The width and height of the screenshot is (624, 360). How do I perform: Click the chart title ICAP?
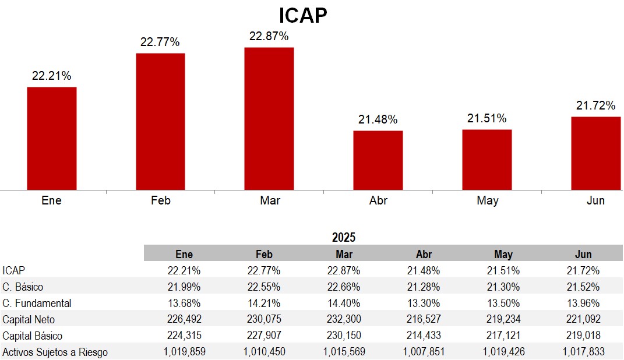(x=303, y=15)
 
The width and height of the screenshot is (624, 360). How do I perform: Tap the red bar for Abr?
(x=378, y=160)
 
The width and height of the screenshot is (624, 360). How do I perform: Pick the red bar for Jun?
(x=595, y=153)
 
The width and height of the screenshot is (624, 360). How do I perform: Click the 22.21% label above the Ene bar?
(x=52, y=76)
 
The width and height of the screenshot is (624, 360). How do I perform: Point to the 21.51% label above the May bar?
(x=487, y=119)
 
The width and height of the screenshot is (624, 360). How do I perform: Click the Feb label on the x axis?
(x=160, y=200)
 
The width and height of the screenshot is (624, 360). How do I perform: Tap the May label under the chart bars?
(x=487, y=200)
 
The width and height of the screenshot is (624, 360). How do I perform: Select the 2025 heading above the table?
(x=344, y=237)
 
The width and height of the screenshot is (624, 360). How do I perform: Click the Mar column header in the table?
(x=344, y=254)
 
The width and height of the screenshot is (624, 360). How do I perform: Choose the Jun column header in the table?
(x=583, y=254)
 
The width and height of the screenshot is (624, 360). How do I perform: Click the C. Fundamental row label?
(x=37, y=303)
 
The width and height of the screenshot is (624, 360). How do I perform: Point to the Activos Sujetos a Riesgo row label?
(x=55, y=352)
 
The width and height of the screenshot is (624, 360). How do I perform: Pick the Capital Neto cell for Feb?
(x=264, y=319)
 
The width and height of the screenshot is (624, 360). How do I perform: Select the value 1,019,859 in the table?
(x=184, y=352)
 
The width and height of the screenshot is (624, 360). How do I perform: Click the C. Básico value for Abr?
(x=424, y=287)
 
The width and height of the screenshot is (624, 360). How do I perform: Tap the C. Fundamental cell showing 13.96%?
(x=583, y=303)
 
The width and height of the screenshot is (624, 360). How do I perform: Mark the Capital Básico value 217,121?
(x=503, y=336)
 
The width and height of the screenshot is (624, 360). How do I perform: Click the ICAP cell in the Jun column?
(x=583, y=270)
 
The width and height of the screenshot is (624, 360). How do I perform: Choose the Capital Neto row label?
(x=29, y=319)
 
